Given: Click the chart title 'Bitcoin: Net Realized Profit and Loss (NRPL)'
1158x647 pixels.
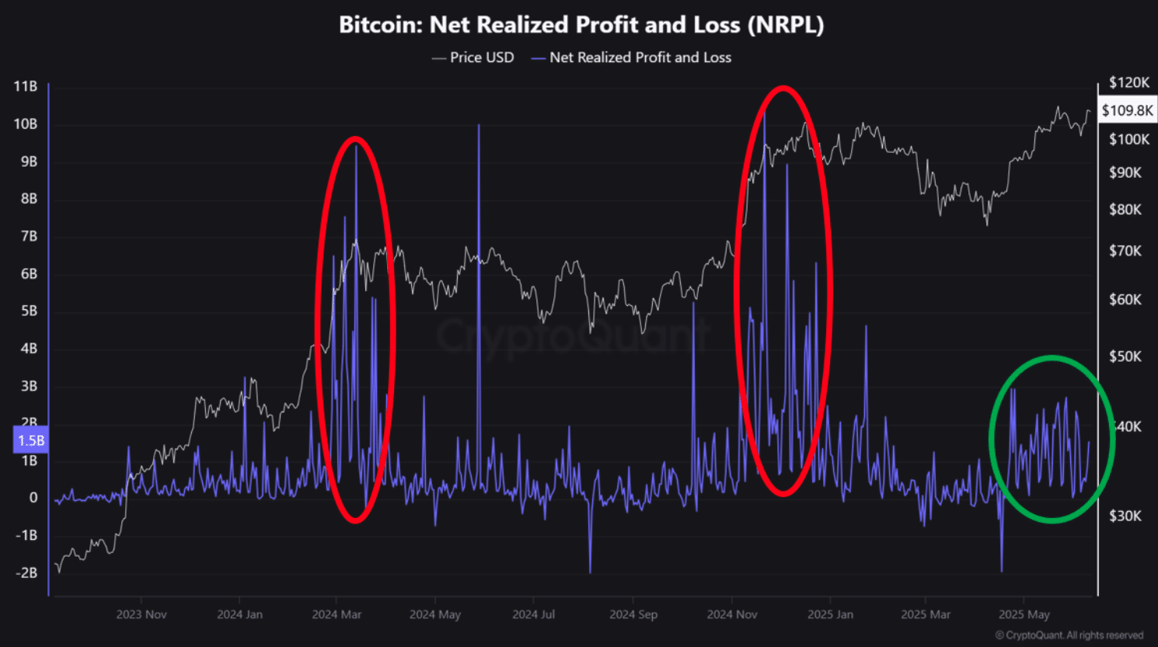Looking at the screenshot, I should pos(581,25).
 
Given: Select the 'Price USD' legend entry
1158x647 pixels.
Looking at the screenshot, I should pos(473,57).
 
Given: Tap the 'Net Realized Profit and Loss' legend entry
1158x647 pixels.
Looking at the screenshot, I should pos(631,57).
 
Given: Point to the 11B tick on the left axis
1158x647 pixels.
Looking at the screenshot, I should pos(26,86).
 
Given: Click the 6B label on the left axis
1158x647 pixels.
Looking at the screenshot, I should pos(29,273).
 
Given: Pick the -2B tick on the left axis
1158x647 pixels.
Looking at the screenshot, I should pos(26,572).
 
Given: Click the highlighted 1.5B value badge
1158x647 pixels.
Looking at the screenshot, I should pos(31,440).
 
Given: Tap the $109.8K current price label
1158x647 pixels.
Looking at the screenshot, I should pos(1127,110).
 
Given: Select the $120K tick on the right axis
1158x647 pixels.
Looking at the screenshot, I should pos(1129,82).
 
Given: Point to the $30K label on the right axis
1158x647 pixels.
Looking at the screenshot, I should pos(1125,516).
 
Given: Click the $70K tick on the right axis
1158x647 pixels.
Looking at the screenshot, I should pos(1125,251).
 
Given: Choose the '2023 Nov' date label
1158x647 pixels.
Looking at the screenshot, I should pos(141,614).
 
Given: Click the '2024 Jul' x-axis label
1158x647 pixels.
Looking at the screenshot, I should pos(534,614).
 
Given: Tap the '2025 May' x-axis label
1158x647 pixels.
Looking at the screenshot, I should pos(1024,614).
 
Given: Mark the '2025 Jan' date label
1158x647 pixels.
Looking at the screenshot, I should pos(830,614).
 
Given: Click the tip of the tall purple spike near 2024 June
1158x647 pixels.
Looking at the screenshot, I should pos(479,125).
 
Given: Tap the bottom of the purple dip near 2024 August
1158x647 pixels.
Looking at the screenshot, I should pos(591,572).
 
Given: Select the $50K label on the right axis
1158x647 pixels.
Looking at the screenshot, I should pos(1125,357).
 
